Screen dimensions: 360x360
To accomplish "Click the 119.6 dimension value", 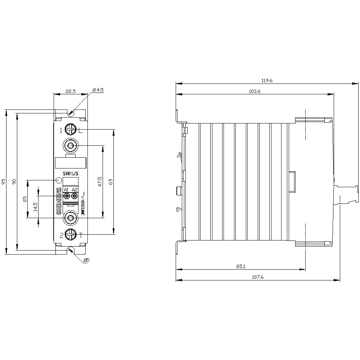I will [267, 81].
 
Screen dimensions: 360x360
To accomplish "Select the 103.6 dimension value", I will [255, 91].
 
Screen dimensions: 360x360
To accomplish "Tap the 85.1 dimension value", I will [240, 267].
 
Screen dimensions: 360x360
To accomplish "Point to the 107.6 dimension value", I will [258, 277].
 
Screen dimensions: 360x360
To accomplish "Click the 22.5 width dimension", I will [70, 91].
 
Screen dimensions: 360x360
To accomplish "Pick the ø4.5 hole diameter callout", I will [98, 90].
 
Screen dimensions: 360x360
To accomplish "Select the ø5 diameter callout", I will [86, 260].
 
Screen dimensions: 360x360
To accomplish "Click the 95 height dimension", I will [4, 182].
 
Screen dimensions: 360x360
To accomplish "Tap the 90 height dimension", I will [14, 182].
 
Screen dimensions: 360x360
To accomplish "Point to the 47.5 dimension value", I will [100, 181].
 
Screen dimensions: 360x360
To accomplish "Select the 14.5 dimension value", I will [35, 206].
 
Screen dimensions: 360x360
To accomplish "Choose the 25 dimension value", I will [25, 199].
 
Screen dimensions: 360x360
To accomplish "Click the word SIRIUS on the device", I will [70, 174].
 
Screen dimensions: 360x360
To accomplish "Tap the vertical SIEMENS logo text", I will [59, 202].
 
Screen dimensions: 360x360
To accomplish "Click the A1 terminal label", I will [66, 190].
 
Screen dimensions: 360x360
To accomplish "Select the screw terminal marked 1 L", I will [71, 129].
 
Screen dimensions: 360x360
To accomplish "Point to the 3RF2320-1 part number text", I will [83, 204].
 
